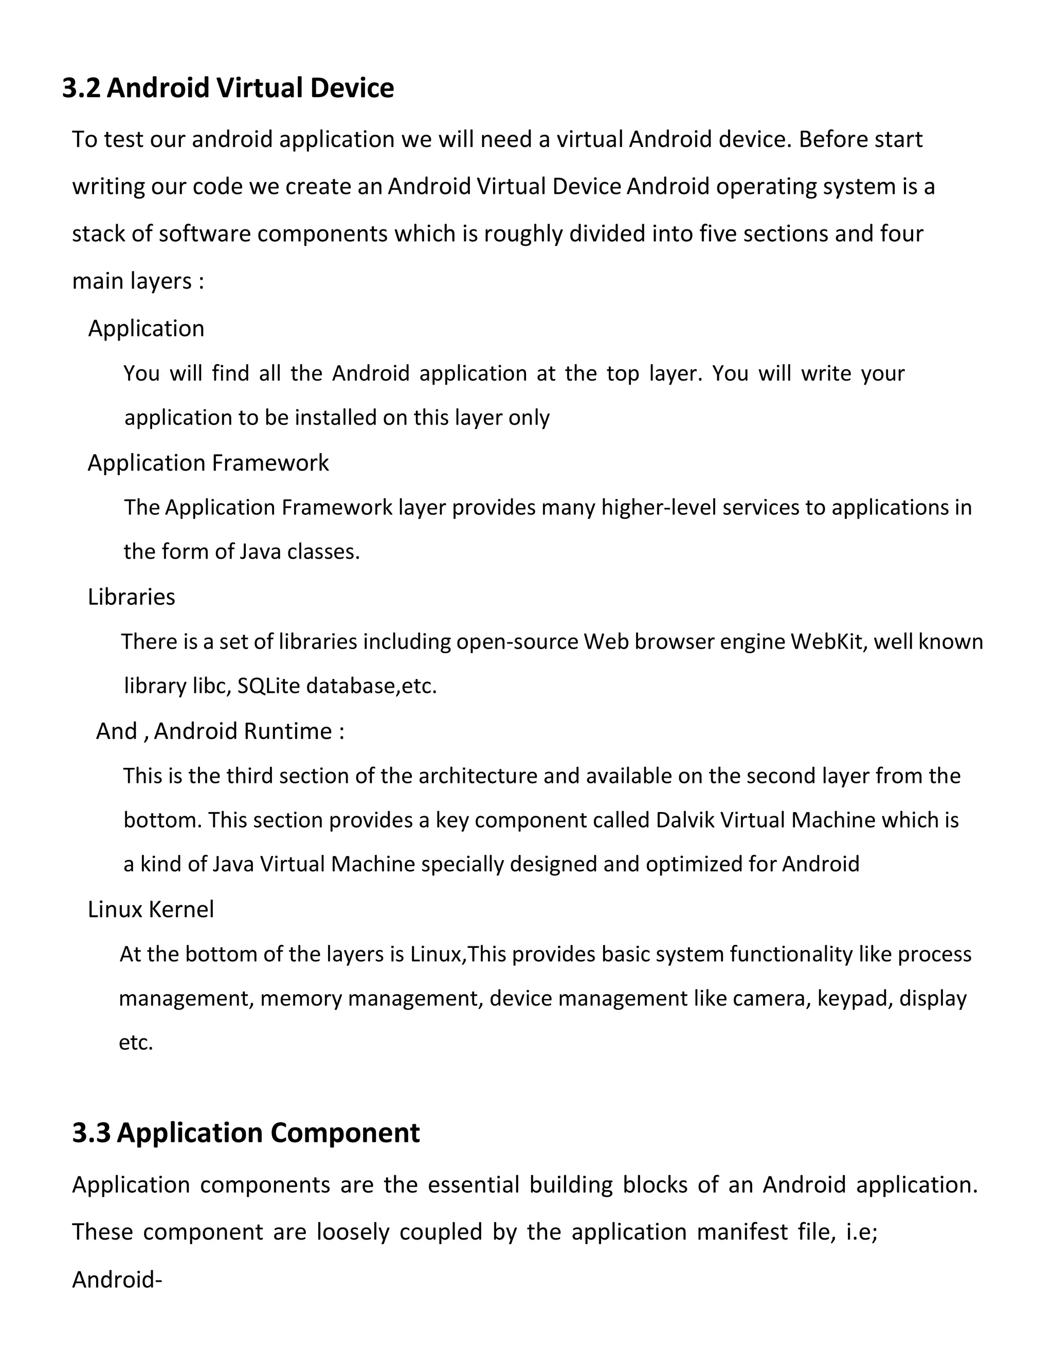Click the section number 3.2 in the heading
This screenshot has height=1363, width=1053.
[81, 88]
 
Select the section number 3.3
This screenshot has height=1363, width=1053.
[91, 1133]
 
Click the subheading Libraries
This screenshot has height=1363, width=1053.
[131, 597]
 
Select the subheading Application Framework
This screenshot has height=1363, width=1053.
[208, 463]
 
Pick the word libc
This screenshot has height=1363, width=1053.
[209, 686]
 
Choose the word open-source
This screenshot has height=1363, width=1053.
[517, 641]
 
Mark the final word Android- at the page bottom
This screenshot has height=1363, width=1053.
[117, 1280]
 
